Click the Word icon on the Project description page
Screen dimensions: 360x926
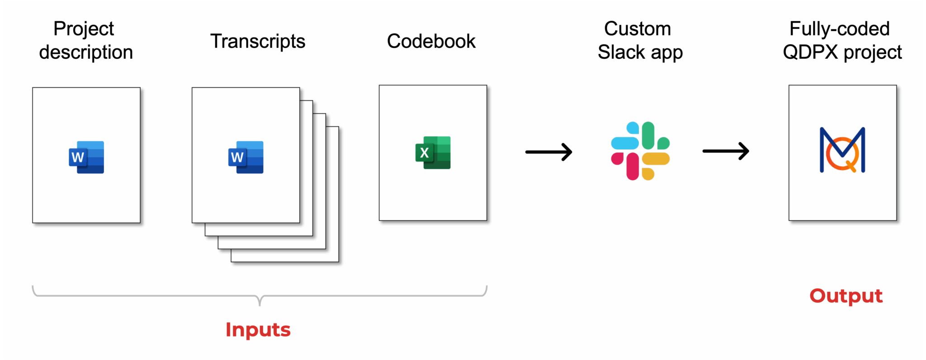point(86,157)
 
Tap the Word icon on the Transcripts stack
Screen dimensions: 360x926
point(246,157)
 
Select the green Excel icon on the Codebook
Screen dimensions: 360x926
point(433,153)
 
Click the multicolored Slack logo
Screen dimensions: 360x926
point(640,151)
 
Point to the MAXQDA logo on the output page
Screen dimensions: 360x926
point(842,151)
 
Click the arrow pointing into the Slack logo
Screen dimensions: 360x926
point(549,152)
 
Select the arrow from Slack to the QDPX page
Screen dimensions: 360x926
point(726,151)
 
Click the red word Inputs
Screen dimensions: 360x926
point(258,330)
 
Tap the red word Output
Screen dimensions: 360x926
point(846,296)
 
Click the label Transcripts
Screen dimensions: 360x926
point(258,42)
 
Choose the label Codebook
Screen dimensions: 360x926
point(431,42)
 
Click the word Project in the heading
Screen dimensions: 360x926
point(84,29)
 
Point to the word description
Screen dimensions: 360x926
point(86,52)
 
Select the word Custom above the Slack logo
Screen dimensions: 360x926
point(638,29)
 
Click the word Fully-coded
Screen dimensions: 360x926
point(840,29)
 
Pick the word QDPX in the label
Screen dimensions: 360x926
point(811,52)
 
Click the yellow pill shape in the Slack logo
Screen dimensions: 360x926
point(656,159)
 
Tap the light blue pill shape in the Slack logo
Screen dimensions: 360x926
point(625,143)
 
